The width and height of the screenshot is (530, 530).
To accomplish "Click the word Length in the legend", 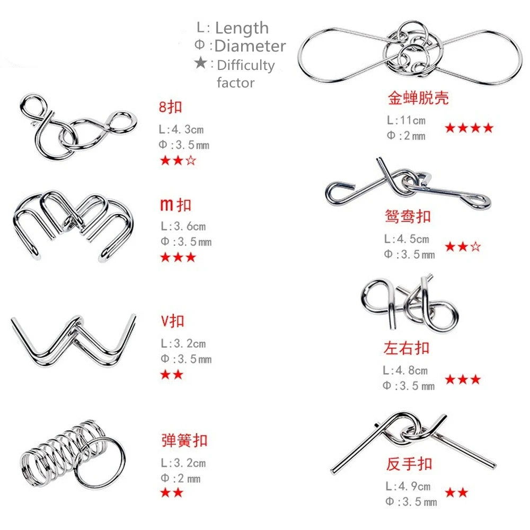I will [242, 28].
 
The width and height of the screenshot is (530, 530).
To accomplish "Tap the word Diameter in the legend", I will [250, 46].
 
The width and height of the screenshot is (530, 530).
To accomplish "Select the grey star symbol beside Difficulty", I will [201, 64].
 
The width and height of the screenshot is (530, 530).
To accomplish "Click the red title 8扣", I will [170, 107].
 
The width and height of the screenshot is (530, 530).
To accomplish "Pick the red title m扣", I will [175, 205].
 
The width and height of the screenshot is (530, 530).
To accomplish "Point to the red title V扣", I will [173, 321].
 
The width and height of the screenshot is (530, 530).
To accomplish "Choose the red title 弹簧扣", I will [184, 440].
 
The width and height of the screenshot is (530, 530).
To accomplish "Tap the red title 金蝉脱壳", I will [418, 98].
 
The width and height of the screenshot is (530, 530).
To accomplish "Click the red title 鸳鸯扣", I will [408, 216].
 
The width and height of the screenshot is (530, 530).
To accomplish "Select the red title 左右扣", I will [406, 348].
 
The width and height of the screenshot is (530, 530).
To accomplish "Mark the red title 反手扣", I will [409, 464].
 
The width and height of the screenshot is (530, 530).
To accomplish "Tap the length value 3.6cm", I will [189, 227].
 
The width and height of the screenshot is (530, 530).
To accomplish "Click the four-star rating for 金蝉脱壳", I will [469, 128].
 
